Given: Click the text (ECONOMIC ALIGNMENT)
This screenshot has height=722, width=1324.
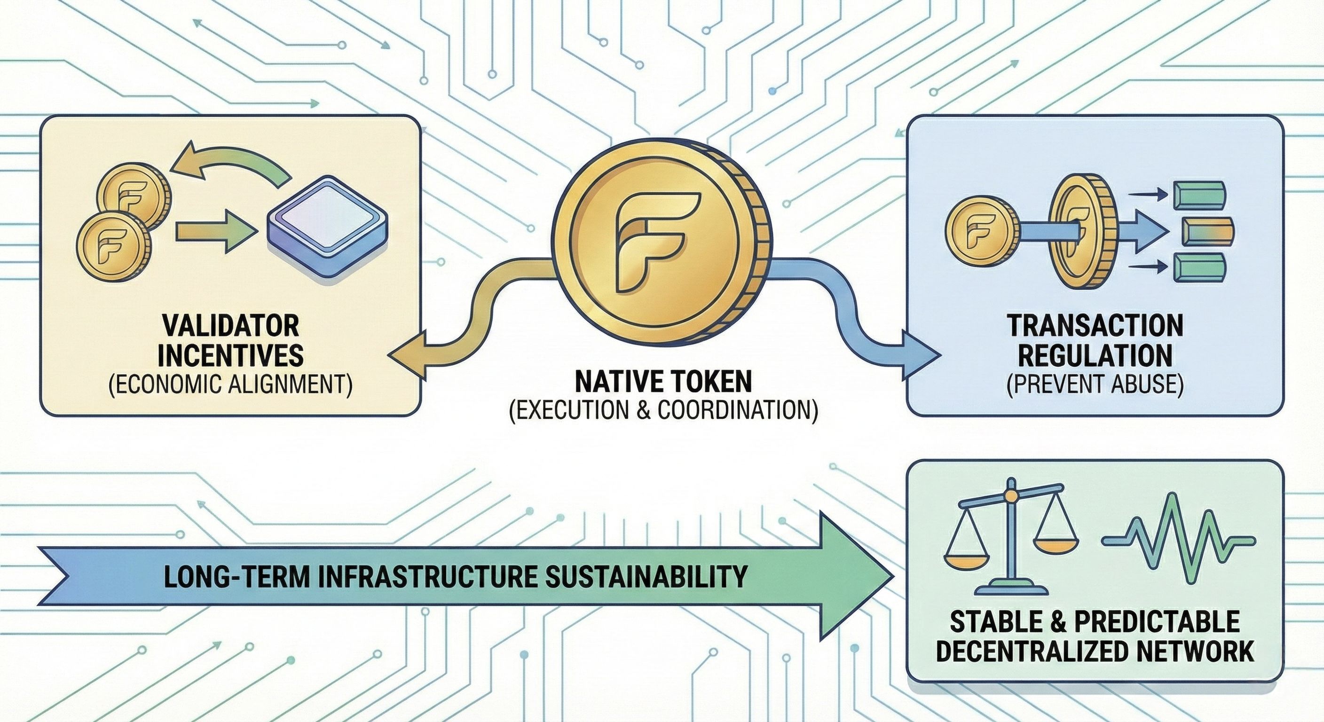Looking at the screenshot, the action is point(230,385).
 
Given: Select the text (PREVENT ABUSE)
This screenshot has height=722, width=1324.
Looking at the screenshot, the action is point(1097,385).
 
